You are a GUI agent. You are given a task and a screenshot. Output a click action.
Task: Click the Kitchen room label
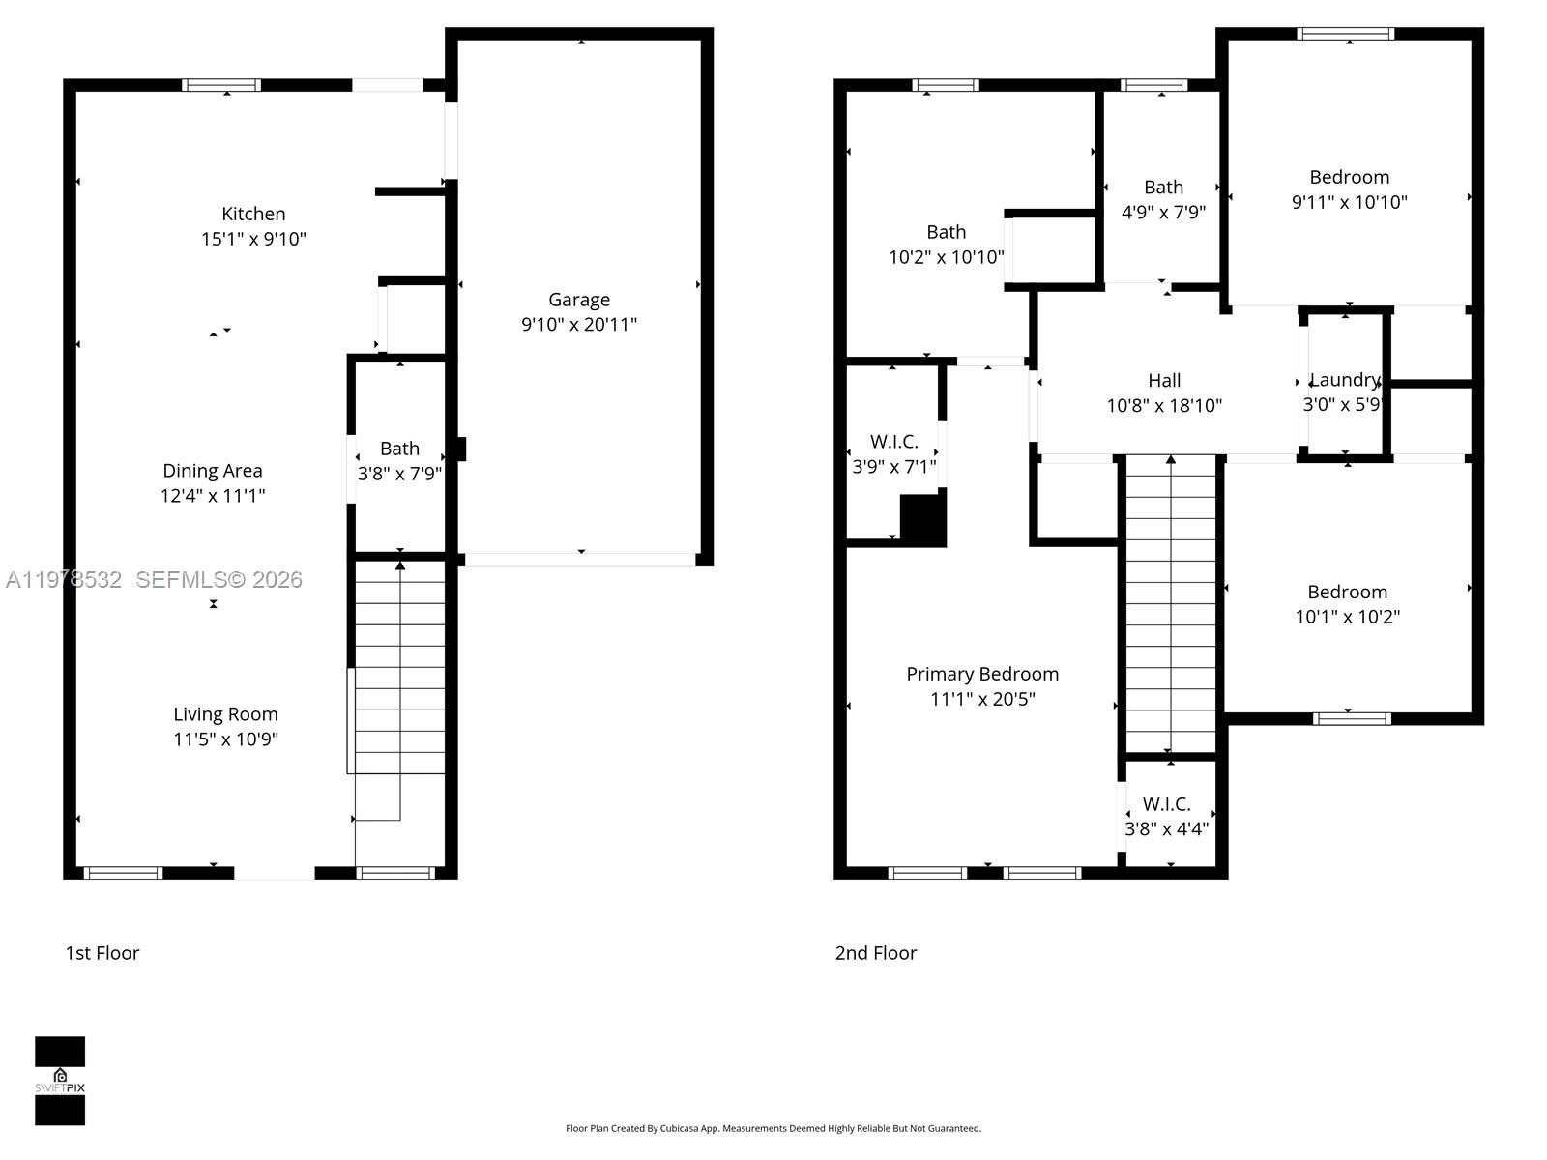[x=253, y=215]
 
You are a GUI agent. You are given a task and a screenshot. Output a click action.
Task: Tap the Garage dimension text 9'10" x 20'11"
[x=579, y=325]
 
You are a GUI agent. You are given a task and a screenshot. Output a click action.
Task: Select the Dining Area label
[x=213, y=471]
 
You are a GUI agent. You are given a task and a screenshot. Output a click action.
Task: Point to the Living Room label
[x=225, y=714]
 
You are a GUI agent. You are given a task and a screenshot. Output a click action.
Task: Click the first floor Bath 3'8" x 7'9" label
[x=399, y=461]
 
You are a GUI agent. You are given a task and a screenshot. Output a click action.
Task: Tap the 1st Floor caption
[x=102, y=953]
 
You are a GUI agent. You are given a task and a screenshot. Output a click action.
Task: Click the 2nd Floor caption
[x=876, y=953]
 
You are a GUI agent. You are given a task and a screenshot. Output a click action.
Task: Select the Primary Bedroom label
[x=982, y=675]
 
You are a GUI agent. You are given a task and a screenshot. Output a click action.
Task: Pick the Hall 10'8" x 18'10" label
[x=1164, y=393]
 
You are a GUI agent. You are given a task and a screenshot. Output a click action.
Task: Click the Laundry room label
[x=1344, y=380]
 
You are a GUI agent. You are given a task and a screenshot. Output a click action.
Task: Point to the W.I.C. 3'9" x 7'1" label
[x=894, y=454]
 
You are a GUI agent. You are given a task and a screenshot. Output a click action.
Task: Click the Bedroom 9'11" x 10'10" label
[x=1350, y=189]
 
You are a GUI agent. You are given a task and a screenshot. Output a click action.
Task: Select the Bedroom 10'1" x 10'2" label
[x=1348, y=604]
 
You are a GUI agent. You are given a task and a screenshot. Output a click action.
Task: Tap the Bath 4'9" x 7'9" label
[x=1163, y=199]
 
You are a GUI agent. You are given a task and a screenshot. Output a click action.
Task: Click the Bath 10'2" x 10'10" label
[x=947, y=245]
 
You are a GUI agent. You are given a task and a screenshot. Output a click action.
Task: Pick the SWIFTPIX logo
[x=60, y=1081]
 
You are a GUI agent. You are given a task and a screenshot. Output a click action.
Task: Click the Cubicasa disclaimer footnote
[x=773, y=1128]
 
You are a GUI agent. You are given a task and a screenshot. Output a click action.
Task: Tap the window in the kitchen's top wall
[x=221, y=85]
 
